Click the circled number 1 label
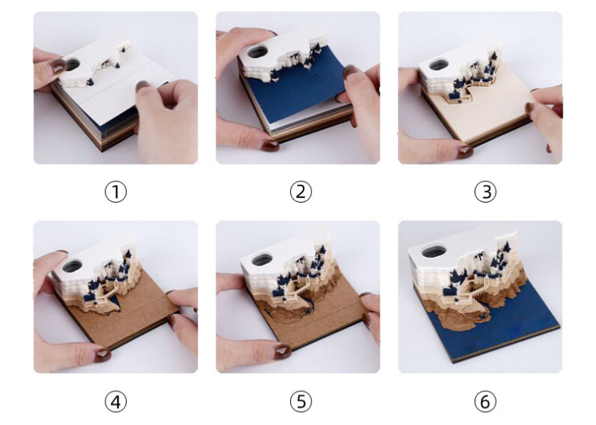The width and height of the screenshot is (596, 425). [x=115, y=192]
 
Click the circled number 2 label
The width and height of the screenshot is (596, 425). [x=301, y=192]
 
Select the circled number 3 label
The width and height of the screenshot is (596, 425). [x=485, y=192]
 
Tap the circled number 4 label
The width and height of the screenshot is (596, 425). [x=115, y=401]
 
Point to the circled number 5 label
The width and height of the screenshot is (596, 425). [x=301, y=401]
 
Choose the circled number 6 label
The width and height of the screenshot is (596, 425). [x=485, y=401]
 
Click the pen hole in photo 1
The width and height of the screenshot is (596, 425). [x=72, y=65]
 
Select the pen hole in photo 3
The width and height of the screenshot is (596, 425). [x=438, y=65]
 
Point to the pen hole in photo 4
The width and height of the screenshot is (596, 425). [x=73, y=266]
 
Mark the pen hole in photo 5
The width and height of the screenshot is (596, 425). [x=262, y=259]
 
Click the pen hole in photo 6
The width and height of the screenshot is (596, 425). [x=434, y=251]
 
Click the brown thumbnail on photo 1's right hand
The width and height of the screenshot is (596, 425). [x=143, y=87]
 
